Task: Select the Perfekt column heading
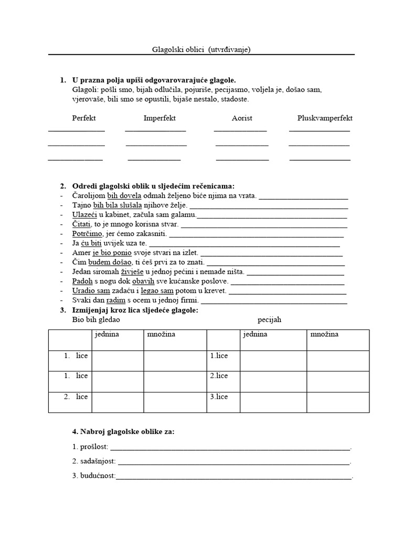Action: [84, 118]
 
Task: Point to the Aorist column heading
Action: [242, 118]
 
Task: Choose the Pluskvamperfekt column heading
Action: [325, 118]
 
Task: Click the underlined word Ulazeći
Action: [83, 215]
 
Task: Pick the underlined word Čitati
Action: [81, 224]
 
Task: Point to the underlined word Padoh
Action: [82, 281]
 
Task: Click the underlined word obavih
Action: [144, 281]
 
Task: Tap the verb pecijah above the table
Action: [270, 319]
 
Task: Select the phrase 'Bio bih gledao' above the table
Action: [96, 319]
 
